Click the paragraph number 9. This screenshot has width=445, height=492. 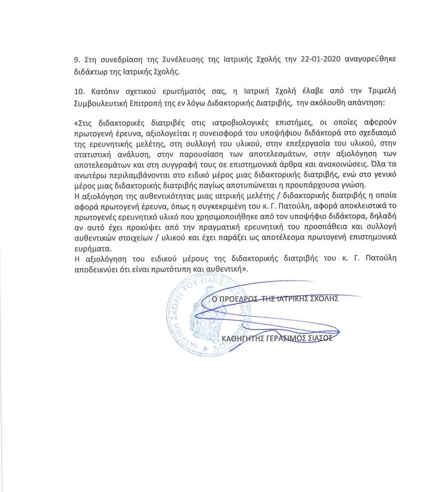click(x=76, y=61)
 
